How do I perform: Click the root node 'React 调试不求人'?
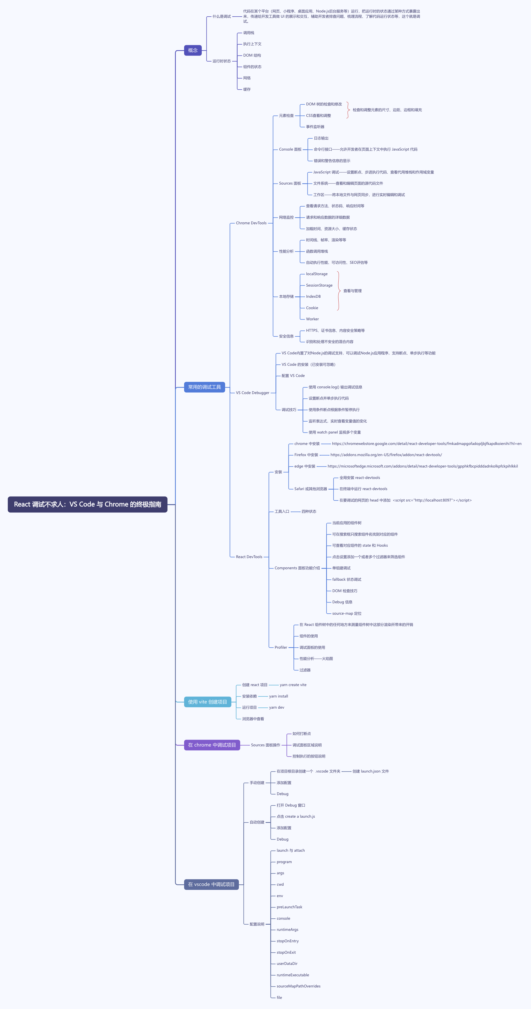tap(88, 504)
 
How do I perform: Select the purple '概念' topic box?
tap(193, 50)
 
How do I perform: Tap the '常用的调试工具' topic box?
tap(204, 387)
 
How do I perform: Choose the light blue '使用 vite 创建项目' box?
tap(207, 702)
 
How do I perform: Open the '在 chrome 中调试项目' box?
tap(212, 745)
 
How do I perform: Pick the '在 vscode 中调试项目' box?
tap(211, 884)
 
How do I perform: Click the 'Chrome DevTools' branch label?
tap(251, 223)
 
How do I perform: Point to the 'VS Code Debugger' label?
tap(252, 393)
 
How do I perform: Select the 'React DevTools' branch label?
tap(249, 557)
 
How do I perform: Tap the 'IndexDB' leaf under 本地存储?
tap(313, 296)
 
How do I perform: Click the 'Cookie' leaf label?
tap(312, 308)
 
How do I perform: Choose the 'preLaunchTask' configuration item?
tap(289, 907)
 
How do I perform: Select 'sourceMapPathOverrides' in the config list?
tap(298, 986)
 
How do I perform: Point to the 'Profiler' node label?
tap(281, 647)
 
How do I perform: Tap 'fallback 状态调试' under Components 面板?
tap(346, 580)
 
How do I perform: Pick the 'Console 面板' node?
tap(290, 150)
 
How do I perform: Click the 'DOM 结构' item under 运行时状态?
tap(252, 56)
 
